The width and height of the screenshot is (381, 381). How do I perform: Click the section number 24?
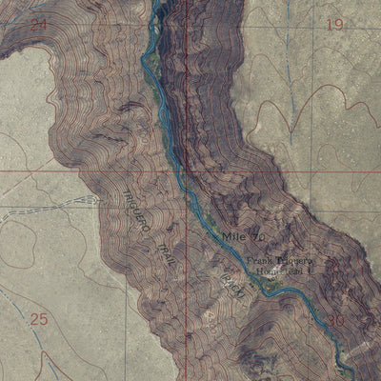pyautogui.click(x=37, y=24)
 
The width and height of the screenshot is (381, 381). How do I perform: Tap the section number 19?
pyautogui.click(x=333, y=24)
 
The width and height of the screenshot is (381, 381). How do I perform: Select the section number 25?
pyautogui.click(x=38, y=319)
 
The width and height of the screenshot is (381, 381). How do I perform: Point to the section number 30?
pyautogui.click(x=335, y=321)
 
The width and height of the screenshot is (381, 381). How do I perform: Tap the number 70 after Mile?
pyautogui.click(x=257, y=234)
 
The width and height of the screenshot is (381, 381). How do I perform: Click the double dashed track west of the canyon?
pyautogui.click(x=57, y=207)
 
